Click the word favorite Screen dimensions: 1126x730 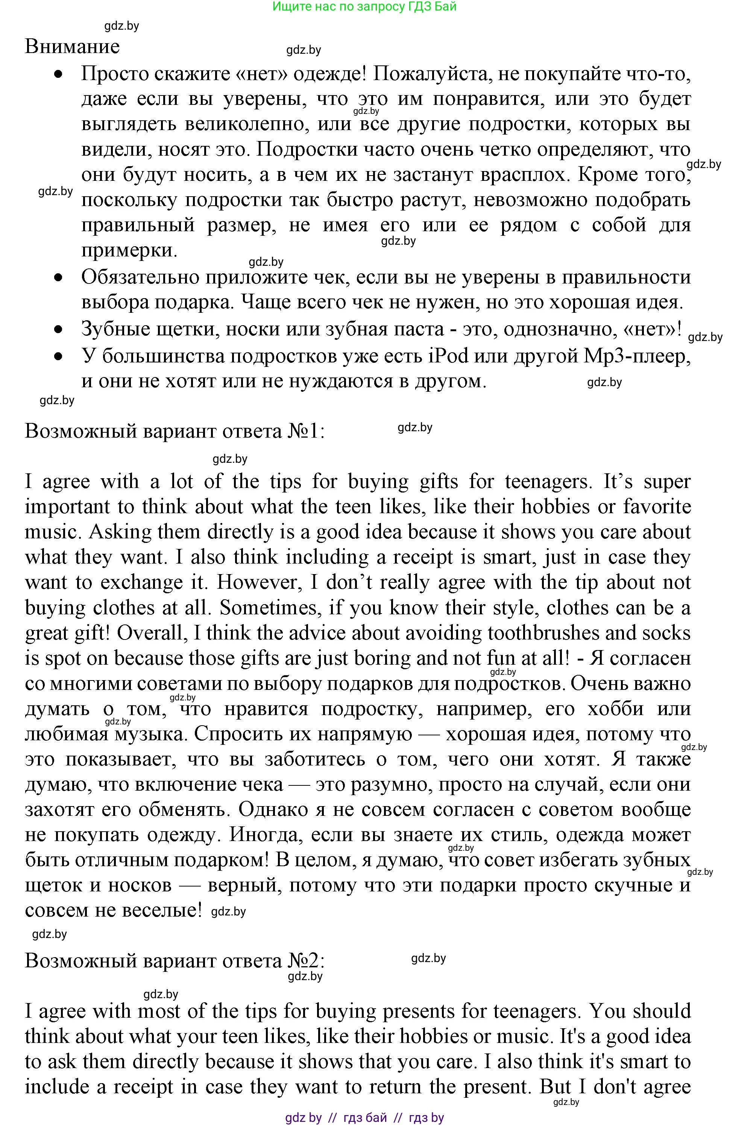coord(657,507)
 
